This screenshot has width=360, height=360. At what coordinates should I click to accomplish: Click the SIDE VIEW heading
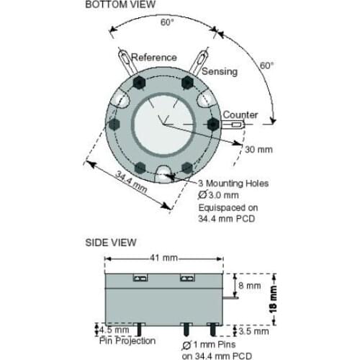point(111,243)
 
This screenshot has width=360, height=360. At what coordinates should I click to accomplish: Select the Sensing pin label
point(219,71)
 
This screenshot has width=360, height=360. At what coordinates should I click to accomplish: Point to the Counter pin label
point(240,114)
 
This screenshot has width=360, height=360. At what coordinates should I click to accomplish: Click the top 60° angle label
point(167,22)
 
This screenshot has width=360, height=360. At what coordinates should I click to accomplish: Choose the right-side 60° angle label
point(267,66)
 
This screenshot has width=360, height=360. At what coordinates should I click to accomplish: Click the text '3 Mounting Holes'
point(233,184)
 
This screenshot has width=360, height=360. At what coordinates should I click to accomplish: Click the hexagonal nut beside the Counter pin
point(213,124)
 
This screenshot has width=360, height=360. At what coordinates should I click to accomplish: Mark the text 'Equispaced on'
point(226,207)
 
